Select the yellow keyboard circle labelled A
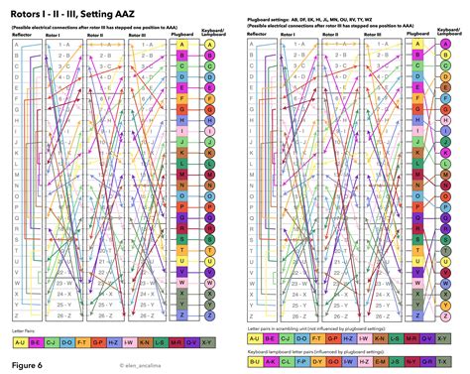click(210, 47)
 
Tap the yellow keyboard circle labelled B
click(210, 59)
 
